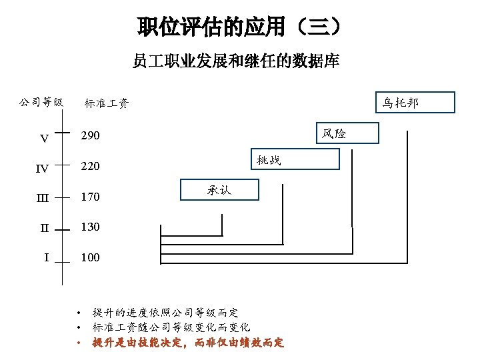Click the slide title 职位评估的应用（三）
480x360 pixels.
[240, 27]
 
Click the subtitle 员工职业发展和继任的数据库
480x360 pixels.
[236, 62]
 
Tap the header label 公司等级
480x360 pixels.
[41, 103]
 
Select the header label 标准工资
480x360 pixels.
[107, 103]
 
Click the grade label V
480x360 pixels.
[44, 139]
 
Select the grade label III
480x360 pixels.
[42, 198]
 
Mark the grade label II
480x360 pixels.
[44, 228]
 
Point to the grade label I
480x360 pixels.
[45, 257]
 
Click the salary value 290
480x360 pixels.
[91, 136]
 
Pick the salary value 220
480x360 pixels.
[91, 166]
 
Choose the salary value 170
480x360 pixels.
[91, 197]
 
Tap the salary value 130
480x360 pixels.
[91, 227]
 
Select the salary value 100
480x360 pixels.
[91, 257]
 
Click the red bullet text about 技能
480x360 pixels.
[188, 343]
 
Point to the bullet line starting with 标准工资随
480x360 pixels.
[171, 327]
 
